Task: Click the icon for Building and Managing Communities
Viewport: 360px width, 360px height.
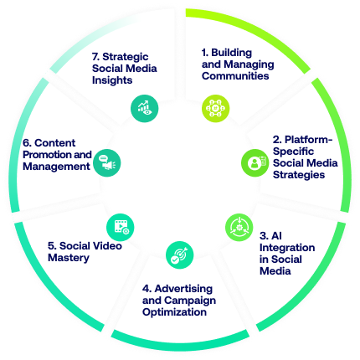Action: (215, 108)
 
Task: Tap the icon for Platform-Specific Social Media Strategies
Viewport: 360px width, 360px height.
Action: (255, 162)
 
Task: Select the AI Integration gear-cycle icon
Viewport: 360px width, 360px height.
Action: (239, 228)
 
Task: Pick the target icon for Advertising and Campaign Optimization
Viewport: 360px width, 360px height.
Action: (179, 255)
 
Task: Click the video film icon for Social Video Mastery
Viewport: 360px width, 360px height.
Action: (121, 228)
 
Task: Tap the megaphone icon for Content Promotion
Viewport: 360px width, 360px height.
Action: (107, 162)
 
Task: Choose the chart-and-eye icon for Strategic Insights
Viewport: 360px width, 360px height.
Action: (145, 108)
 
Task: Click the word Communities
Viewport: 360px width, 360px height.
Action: (235, 76)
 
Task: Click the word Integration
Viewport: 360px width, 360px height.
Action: (287, 248)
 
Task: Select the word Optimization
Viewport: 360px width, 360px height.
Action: (174, 312)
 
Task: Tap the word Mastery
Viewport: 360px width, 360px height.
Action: (69, 258)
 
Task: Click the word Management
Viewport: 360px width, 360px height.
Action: (56, 167)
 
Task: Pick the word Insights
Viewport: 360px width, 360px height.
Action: (112, 80)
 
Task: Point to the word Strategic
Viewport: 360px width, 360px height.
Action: (126, 57)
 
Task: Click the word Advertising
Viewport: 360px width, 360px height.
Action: (183, 289)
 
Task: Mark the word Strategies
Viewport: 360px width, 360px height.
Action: (299, 175)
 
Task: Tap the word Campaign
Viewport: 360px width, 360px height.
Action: (193, 301)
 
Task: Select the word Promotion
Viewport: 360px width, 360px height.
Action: (44, 155)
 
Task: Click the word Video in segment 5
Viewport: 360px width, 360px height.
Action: (107, 246)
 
